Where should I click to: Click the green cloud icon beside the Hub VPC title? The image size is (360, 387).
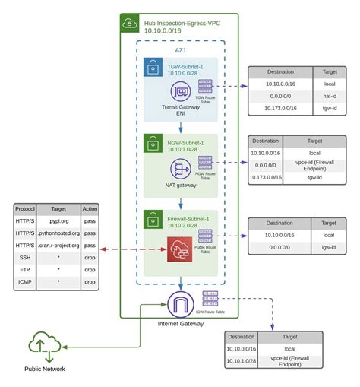click(130, 24)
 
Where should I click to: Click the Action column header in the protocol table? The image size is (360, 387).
click(90, 207)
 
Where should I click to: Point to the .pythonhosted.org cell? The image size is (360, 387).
click(58, 233)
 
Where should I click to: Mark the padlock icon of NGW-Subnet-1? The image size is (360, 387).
click(153, 142)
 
